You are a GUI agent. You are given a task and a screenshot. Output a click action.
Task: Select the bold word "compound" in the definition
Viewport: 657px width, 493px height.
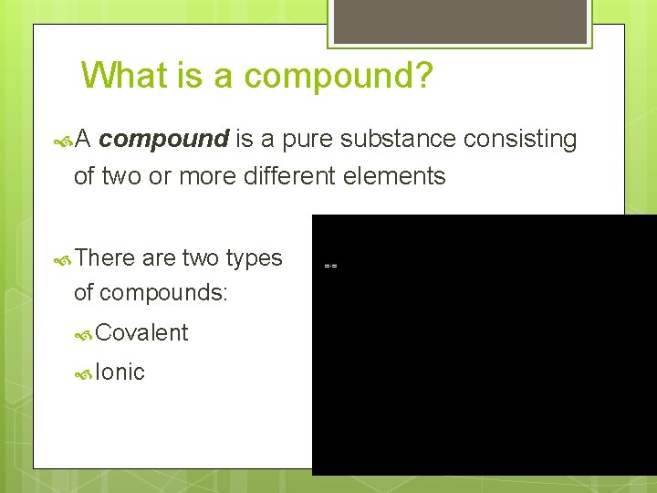coord(164,139)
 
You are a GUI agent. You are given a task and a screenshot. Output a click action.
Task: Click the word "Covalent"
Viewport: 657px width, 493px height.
coord(141,333)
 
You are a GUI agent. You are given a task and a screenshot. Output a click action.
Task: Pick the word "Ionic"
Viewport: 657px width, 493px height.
coord(120,372)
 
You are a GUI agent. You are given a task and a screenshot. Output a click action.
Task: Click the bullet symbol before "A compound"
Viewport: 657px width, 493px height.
coord(62,140)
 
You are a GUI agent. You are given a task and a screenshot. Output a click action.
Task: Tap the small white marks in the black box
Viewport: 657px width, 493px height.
coord(330,266)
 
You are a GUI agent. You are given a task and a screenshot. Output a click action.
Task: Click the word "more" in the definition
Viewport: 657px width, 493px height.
coord(210,175)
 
